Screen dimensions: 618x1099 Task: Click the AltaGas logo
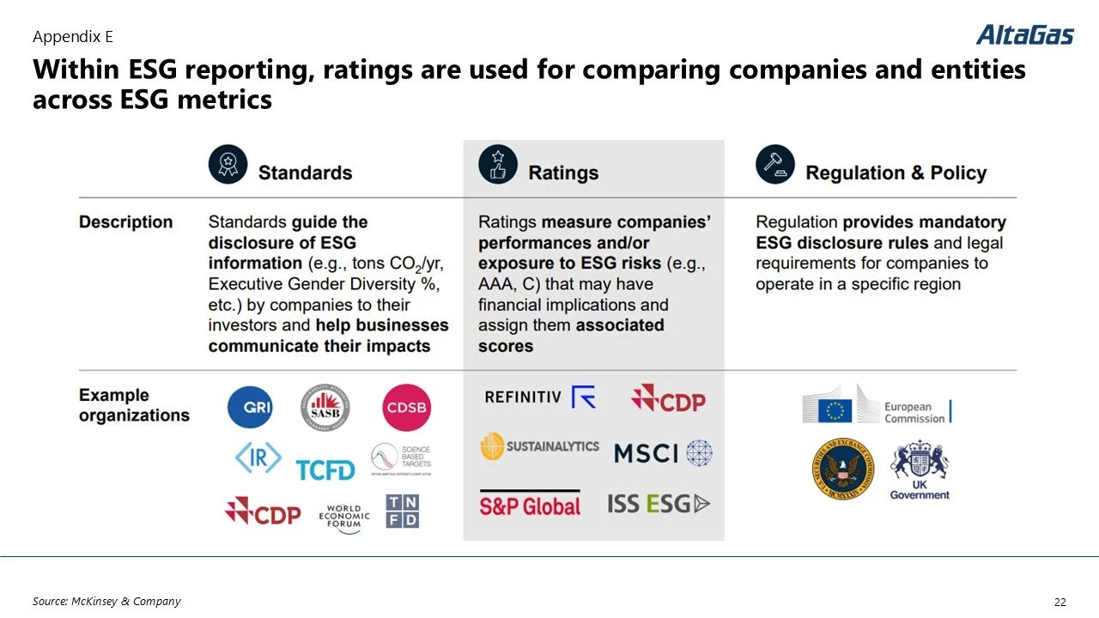1024,35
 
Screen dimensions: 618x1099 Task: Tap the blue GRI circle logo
250,408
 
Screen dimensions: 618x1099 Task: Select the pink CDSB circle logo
406,408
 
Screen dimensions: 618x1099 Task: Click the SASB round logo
325,408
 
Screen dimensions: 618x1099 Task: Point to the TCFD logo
325,470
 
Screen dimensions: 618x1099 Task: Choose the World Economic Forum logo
344,515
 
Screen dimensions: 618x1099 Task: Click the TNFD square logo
403,511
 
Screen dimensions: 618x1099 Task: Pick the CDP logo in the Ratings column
668,399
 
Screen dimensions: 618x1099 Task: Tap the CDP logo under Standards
263,512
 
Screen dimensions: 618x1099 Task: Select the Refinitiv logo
540,397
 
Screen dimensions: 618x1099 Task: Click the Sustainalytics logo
540,446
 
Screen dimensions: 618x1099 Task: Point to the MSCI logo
663,452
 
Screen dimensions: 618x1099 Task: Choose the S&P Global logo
530,504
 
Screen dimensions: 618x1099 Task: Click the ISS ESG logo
659,504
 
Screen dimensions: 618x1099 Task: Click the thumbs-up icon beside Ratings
498,165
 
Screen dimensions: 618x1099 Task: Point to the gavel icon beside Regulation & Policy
775,165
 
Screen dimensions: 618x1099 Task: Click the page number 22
1059,602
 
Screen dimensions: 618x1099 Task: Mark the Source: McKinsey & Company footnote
106,602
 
